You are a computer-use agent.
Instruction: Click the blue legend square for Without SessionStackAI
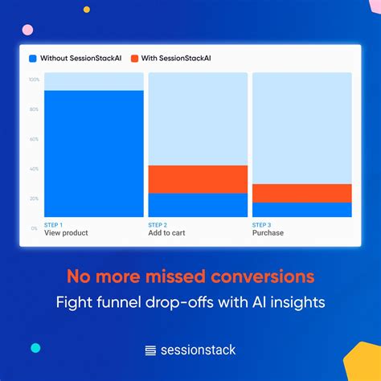(x=33, y=59)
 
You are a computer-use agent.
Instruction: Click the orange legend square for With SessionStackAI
(x=134, y=59)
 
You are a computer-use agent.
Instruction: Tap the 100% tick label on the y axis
(x=34, y=80)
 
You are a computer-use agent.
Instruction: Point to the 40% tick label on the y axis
(x=34, y=169)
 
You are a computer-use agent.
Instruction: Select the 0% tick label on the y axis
(x=34, y=228)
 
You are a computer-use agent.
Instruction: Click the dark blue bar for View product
(x=93, y=153)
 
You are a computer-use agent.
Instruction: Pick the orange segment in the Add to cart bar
(x=198, y=179)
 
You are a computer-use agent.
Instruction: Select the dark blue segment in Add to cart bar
(x=198, y=205)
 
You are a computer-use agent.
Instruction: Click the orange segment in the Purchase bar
(x=301, y=193)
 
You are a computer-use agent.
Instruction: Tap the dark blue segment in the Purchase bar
(x=301, y=210)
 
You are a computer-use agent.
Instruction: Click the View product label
(x=66, y=233)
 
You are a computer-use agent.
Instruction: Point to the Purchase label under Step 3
(x=268, y=233)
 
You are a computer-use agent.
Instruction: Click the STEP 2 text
(x=158, y=224)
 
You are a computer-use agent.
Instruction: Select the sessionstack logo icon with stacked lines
(x=150, y=350)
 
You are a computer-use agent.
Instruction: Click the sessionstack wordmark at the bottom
(x=198, y=350)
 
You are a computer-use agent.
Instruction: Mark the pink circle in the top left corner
(x=27, y=30)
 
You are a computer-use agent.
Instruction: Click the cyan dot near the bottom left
(x=35, y=348)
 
